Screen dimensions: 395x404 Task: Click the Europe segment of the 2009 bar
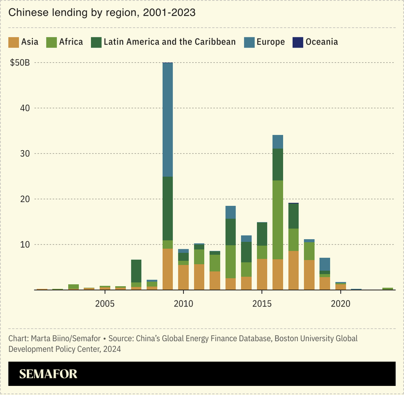point(167,119)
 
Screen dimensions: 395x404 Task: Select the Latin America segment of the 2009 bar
point(167,208)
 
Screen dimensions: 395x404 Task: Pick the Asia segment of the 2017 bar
point(293,270)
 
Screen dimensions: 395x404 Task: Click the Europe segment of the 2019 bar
point(325,264)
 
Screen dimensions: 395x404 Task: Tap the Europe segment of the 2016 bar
point(278,142)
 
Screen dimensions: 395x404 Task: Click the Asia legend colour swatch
point(14,42)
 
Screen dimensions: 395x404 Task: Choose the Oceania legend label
point(322,42)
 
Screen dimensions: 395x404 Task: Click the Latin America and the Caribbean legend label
point(169,42)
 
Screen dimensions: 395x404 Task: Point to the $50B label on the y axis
point(21,63)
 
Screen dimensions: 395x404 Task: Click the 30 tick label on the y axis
point(24,154)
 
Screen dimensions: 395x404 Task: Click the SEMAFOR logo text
point(48,374)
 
